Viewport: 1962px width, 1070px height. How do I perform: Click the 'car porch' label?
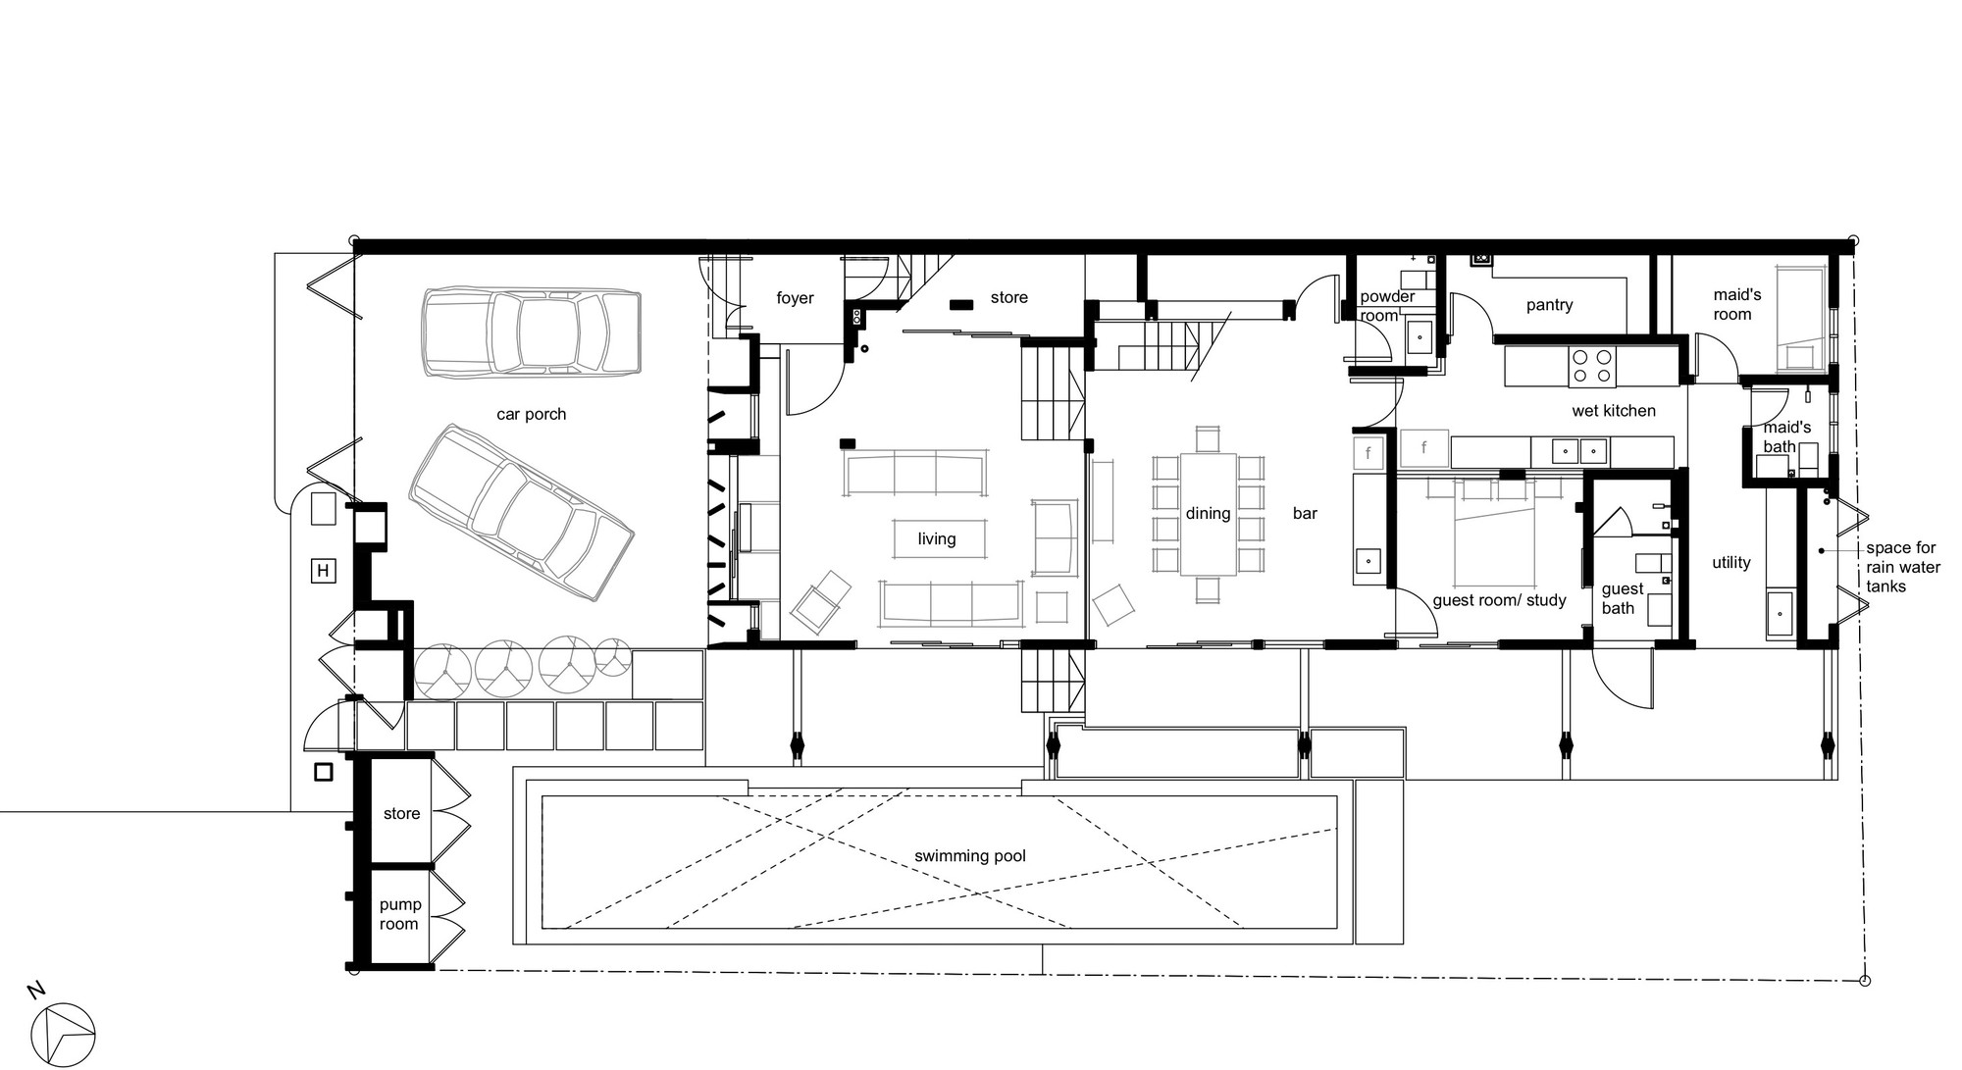click(531, 414)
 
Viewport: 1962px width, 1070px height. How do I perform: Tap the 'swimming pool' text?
click(970, 856)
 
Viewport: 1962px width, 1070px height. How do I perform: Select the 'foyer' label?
click(795, 298)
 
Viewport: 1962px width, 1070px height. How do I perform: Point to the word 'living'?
click(937, 538)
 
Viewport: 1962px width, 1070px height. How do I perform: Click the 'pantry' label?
click(1550, 305)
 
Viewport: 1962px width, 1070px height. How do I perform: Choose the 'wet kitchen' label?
click(1614, 411)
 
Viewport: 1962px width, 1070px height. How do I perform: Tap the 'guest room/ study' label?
click(1500, 600)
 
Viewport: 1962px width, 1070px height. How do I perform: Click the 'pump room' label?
click(399, 914)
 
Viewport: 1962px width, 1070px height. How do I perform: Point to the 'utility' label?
click(1731, 563)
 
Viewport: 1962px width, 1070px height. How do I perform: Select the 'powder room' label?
click(1387, 306)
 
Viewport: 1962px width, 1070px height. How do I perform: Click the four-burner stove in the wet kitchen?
click(1591, 367)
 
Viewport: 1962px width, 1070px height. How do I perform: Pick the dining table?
click(1208, 513)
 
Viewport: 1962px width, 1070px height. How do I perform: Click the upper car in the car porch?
click(531, 332)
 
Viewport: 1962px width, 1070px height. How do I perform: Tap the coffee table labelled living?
click(938, 538)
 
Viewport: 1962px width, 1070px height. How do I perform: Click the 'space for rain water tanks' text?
click(1903, 568)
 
